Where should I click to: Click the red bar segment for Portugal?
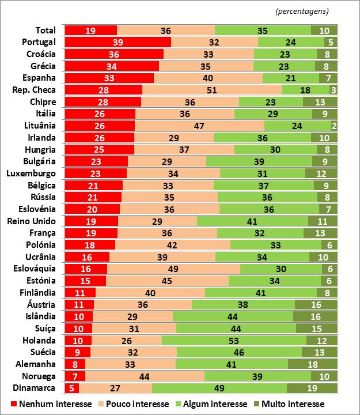pyautogui.click(x=118, y=42)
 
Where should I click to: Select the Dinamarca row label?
pyautogui.click(x=36, y=388)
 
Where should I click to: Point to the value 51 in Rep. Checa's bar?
pyautogui.click(x=211, y=90)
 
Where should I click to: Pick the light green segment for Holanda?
pyautogui.click(x=234, y=340)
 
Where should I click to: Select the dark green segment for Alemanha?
pyautogui.click(x=313, y=364)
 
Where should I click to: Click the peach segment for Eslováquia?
pyautogui.click(x=173, y=268)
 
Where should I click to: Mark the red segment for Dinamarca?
pyautogui.click(x=71, y=388)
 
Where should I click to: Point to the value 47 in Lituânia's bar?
pyautogui.click(x=199, y=126)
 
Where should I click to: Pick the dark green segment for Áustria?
pyautogui.click(x=316, y=304)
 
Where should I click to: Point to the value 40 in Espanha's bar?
pyautogui.click(x=208, y=78)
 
